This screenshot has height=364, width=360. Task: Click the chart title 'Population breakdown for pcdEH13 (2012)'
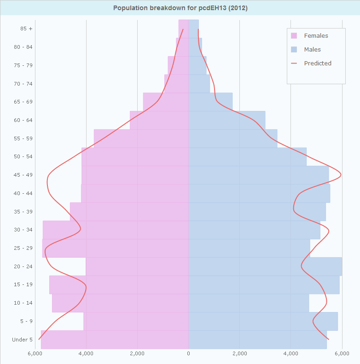180,8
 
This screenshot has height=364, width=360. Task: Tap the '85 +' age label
26,29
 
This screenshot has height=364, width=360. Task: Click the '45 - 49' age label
23,175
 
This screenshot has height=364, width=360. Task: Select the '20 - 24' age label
23,266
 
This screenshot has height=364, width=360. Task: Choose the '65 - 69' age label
23,102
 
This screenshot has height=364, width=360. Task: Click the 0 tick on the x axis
188,353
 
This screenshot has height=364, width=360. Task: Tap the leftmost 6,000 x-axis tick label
35,353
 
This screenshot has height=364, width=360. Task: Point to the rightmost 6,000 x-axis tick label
342,353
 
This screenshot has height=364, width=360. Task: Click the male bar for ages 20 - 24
265,266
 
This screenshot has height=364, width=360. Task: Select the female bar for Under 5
115,340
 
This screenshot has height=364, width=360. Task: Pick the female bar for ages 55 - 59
141,139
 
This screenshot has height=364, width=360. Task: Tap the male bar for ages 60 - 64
226,120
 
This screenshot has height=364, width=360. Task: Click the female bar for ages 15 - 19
119,285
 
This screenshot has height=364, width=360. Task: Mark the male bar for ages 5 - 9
262,321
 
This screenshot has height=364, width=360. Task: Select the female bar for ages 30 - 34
116,230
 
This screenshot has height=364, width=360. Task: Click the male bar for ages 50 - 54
247,157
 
